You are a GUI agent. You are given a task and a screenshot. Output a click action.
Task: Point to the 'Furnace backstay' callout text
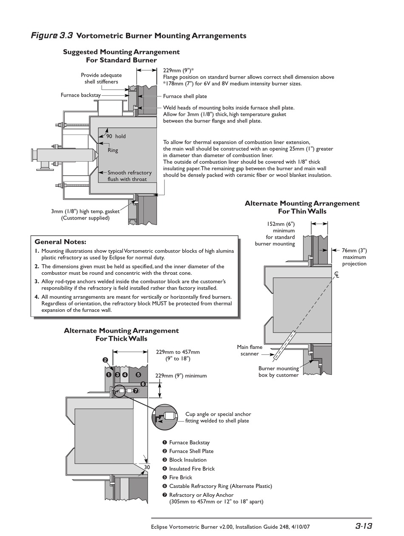(81, 95)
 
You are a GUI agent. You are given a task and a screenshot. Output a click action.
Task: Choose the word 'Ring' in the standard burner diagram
(113, 150)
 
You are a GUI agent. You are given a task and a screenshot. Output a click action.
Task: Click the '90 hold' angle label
(116, 136)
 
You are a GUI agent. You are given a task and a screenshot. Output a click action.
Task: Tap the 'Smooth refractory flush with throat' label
(129, 176)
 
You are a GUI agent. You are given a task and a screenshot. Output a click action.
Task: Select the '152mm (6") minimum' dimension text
(281, 227)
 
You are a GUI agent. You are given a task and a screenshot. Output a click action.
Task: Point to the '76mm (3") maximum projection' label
(354, 257)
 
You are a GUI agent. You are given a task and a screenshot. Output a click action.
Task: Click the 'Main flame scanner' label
(250, 350)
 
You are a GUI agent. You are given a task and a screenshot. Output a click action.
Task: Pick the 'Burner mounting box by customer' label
(278, 371)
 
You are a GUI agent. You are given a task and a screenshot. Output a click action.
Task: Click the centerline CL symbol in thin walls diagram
(337, 275)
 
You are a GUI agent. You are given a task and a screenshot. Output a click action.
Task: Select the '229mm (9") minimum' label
(181, 376)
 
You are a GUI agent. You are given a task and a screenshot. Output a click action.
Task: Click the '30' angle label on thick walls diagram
(147, 467)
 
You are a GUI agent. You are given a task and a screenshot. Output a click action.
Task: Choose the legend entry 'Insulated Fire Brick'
(192, 468)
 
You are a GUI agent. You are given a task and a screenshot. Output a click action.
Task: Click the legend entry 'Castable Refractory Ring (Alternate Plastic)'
(220, 486)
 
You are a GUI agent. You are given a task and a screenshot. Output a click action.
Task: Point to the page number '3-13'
(364, 526)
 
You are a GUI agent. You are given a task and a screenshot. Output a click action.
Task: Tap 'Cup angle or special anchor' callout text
(218, 414)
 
